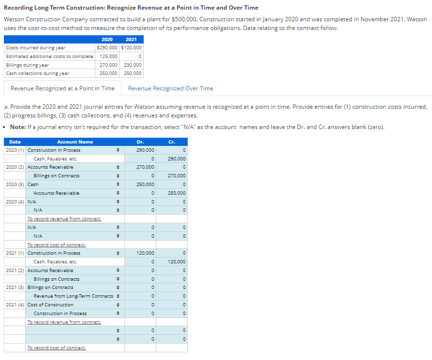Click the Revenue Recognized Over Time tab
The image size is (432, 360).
(170, 88)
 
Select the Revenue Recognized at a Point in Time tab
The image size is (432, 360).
(62, 88)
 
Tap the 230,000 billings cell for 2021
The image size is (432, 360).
(133, 65)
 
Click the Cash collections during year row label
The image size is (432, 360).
(37, 73)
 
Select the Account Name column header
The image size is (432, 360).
(75, 142)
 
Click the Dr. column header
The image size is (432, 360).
(140, 142)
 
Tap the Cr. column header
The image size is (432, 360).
(172, 142)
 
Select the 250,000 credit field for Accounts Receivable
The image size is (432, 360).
(172, 193)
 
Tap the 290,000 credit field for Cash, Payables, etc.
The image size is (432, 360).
(172, 159)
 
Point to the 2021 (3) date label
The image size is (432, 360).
(15, 288)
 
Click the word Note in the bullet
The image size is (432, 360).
(18, 127)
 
